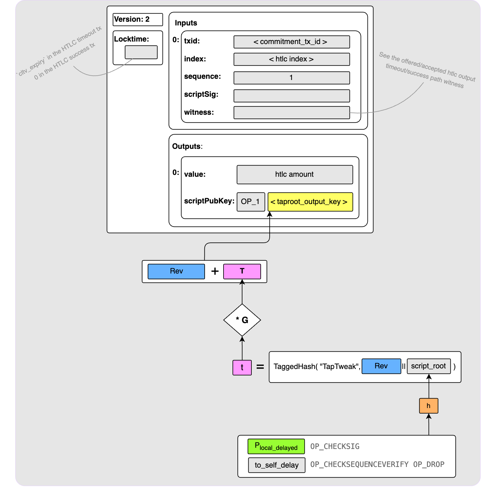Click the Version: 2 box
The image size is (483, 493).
(x=137, y=20)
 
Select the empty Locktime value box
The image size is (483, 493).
(x=141, y=52)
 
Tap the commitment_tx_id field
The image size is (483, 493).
(x=291, y=42)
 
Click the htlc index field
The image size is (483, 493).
(x=291, y=59)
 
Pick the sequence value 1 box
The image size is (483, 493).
(x=291, y=78)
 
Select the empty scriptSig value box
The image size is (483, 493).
(x=291, y=96)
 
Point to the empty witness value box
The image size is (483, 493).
(x=291, y=113)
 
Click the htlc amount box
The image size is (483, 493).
(x=294, y=175)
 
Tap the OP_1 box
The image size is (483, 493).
(x=250, y=202)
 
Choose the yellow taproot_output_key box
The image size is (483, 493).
(x=310, y=202)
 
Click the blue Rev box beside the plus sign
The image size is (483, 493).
(x=176, y=271)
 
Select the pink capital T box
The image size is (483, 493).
(x=242, y=271)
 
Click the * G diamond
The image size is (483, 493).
(x=242, y=320)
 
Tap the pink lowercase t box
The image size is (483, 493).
(x=242, y=367)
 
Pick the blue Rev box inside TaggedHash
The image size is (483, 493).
(x=381, y=366)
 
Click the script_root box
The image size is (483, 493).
(x=429, y=366)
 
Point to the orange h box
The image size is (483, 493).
(x=429, y=406)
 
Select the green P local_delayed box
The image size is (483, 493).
(x=276, y=446)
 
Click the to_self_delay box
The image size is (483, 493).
(x=276, y=465)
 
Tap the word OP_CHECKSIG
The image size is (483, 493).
(x=335, y=446)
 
